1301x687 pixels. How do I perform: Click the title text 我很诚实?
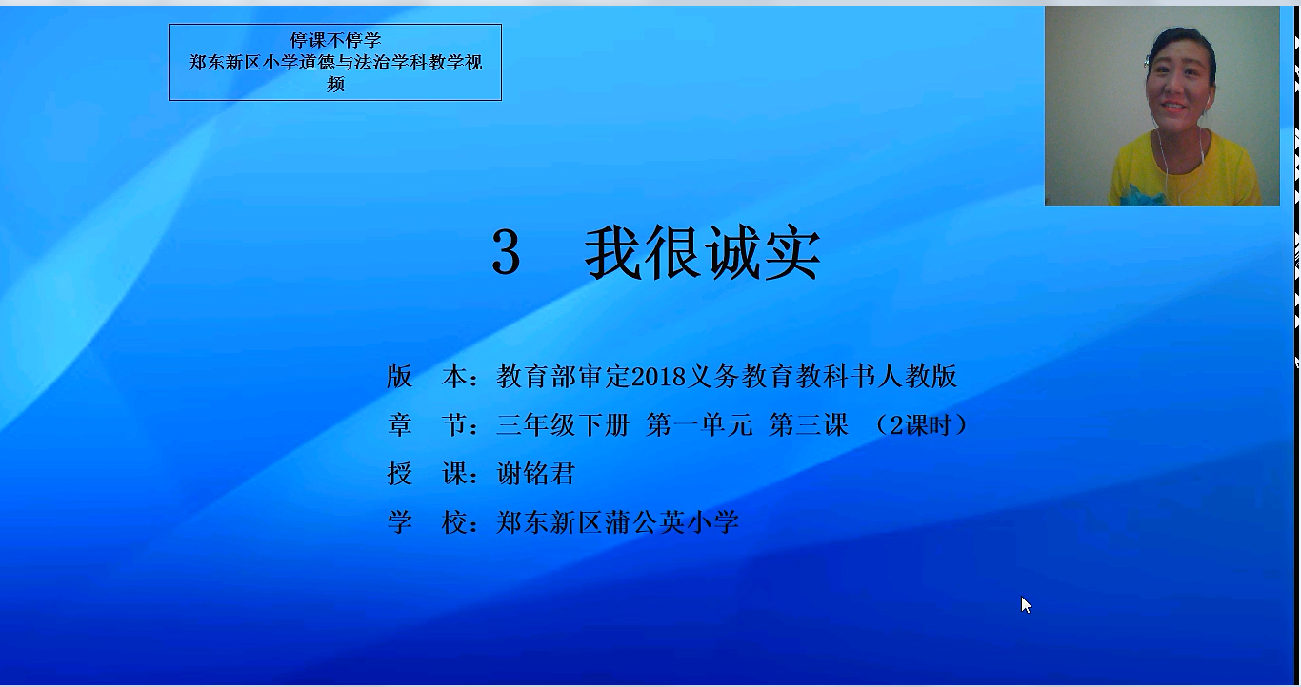[702, 253]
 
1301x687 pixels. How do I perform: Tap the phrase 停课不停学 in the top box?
[335, 40]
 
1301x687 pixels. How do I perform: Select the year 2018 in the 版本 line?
[658, 377]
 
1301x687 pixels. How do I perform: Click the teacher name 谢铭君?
[535, 474]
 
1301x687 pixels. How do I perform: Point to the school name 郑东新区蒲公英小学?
[617, 522]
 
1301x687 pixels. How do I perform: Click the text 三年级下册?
[563, 425]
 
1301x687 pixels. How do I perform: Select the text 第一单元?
[699, 425]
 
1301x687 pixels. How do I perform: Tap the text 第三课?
[809, 425]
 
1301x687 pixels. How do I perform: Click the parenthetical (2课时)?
[921, 425]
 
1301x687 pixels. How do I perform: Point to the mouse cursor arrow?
[1026, 604]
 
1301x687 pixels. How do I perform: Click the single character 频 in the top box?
[335, 84]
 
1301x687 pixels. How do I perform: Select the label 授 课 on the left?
[433, 474]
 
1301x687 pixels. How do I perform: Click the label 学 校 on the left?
[433, 522]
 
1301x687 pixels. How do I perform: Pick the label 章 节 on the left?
[433, 425]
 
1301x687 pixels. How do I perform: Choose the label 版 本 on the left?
[433, 377]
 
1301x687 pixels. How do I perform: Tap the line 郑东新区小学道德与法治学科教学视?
[335, 62]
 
